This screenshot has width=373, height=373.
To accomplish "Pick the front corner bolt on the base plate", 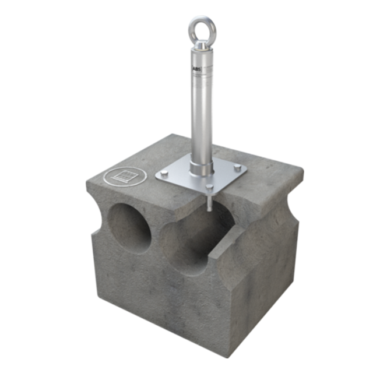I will (209, 188).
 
